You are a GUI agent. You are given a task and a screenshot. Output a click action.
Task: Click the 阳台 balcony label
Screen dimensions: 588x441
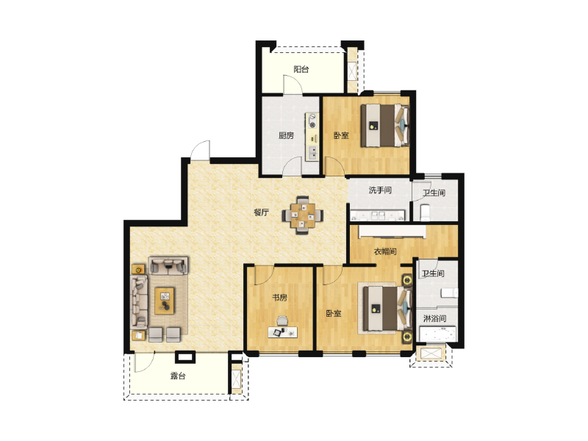click(x=301, y=69)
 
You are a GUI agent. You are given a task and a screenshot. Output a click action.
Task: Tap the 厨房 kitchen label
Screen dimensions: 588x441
click(x=286, y=135)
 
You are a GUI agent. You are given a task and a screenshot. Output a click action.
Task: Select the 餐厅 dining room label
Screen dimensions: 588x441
click(x=262, y=212)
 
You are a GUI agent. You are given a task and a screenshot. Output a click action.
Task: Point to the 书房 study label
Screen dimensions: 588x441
click(x=279, y=298)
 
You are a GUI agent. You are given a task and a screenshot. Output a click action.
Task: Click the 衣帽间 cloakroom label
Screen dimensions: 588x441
click(x=385, y=251)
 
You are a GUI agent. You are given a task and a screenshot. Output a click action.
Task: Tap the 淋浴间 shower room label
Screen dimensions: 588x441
click(x=434, y=318)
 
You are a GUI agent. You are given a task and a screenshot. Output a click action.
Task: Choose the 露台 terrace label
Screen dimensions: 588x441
click(x=178, y=376)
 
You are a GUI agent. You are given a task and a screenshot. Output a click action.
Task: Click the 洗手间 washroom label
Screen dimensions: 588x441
click(x=380, y=190)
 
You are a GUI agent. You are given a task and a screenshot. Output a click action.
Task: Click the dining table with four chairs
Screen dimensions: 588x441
click(x=303, y=215)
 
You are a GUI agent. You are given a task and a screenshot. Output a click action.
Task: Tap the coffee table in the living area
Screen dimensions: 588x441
click(x=165, y=301)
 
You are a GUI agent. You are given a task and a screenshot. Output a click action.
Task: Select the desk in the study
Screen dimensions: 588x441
click(x=283, y=332)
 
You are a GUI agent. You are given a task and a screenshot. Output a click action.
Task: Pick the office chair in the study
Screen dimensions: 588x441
click(x=282, y=320)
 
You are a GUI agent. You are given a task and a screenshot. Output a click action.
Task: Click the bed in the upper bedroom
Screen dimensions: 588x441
click(x=384, y=125)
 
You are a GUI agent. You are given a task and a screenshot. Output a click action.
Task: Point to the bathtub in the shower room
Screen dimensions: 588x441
click(x=437, y=334)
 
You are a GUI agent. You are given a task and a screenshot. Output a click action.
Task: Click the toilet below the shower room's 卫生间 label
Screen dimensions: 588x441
click(x=449, y=293)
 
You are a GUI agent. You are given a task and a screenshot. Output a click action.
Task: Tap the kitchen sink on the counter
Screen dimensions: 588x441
click(x=312, y=152)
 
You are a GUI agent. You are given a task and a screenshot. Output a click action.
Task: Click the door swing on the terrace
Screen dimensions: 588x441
click(x=144, y=362)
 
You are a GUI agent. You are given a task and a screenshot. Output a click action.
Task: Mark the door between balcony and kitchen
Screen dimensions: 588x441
click(x=293, y=85)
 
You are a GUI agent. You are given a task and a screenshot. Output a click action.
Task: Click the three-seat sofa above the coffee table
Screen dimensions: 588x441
click(x=168, y=265)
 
